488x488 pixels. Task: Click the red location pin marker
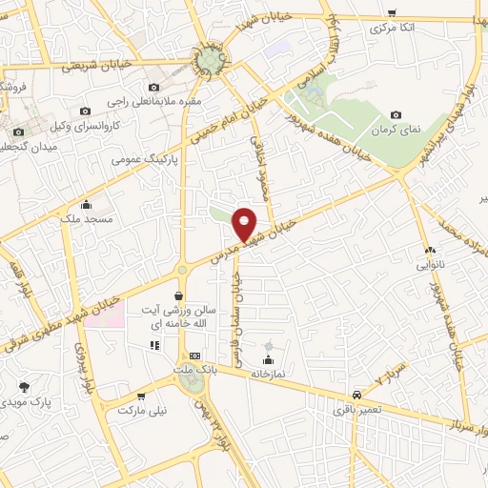pyautogui.click(x=246, y=224)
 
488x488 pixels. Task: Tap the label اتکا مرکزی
pyautogui.click(x=393, y=29)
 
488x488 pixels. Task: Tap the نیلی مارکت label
pyautogui.click(x=140, y=412)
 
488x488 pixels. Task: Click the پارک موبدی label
pyautogui.click(x=25, y=403)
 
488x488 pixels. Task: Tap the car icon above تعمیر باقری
pyautogui.click(x=356, y=394)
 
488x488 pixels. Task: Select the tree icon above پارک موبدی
pyautogui.click(x=25, y=387)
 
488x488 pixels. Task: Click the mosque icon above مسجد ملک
pyautogui.click(x=87, y=204)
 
